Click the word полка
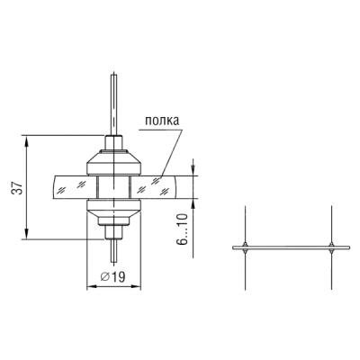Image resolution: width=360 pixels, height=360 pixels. (x=162, y=121)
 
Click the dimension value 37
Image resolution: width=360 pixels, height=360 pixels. (x=18, y=188)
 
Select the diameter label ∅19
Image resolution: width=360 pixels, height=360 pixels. (x=113, y=276)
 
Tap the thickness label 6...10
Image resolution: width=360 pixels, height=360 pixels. (x=182, y=229)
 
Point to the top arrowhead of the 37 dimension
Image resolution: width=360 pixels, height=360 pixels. (x=27, y=140)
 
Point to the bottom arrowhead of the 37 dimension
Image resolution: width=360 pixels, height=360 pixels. (x=27, y=234)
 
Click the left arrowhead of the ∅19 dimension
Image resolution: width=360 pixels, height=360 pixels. (x=92, y=287)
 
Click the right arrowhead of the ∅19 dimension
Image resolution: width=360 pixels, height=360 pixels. (x=135, y=287)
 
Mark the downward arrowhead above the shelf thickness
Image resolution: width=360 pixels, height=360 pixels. (x=193, y=170)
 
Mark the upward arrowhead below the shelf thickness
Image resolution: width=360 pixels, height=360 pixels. (x=193, y=204)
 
